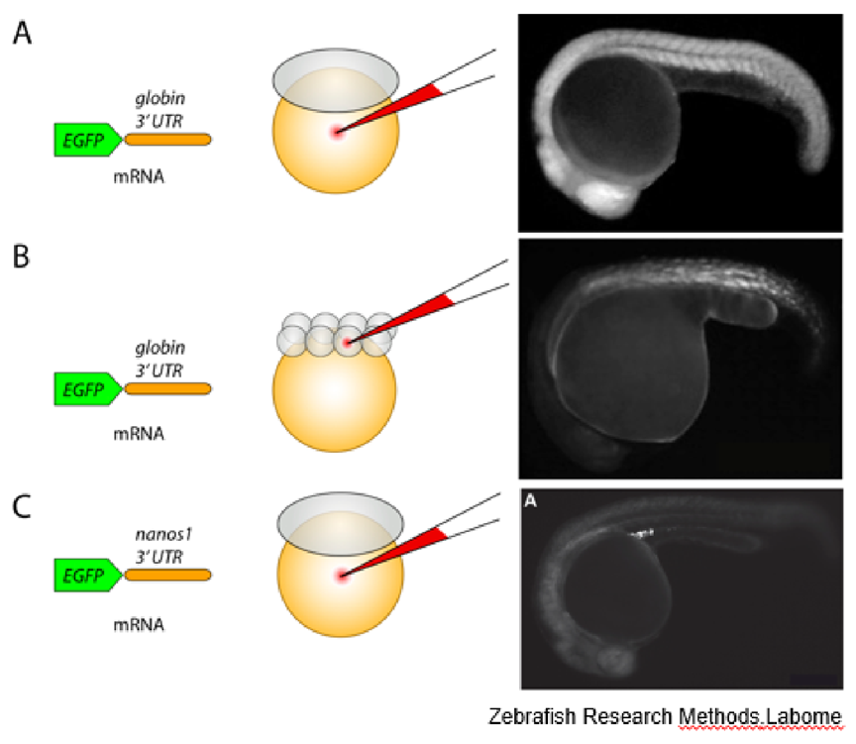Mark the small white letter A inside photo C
[x=531, y=502]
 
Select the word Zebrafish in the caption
[x=535, y=717]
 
